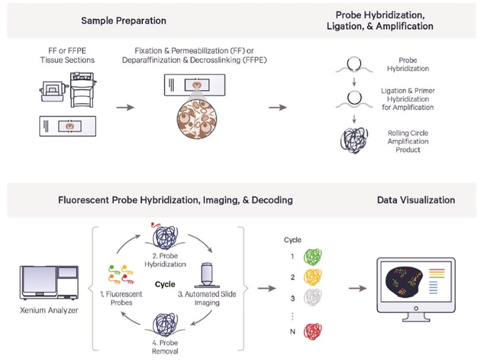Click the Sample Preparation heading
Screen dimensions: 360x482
(x=123, y=21)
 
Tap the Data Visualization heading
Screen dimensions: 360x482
(x=416, y=200)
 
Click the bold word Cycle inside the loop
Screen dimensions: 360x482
(x=165, y=284)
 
